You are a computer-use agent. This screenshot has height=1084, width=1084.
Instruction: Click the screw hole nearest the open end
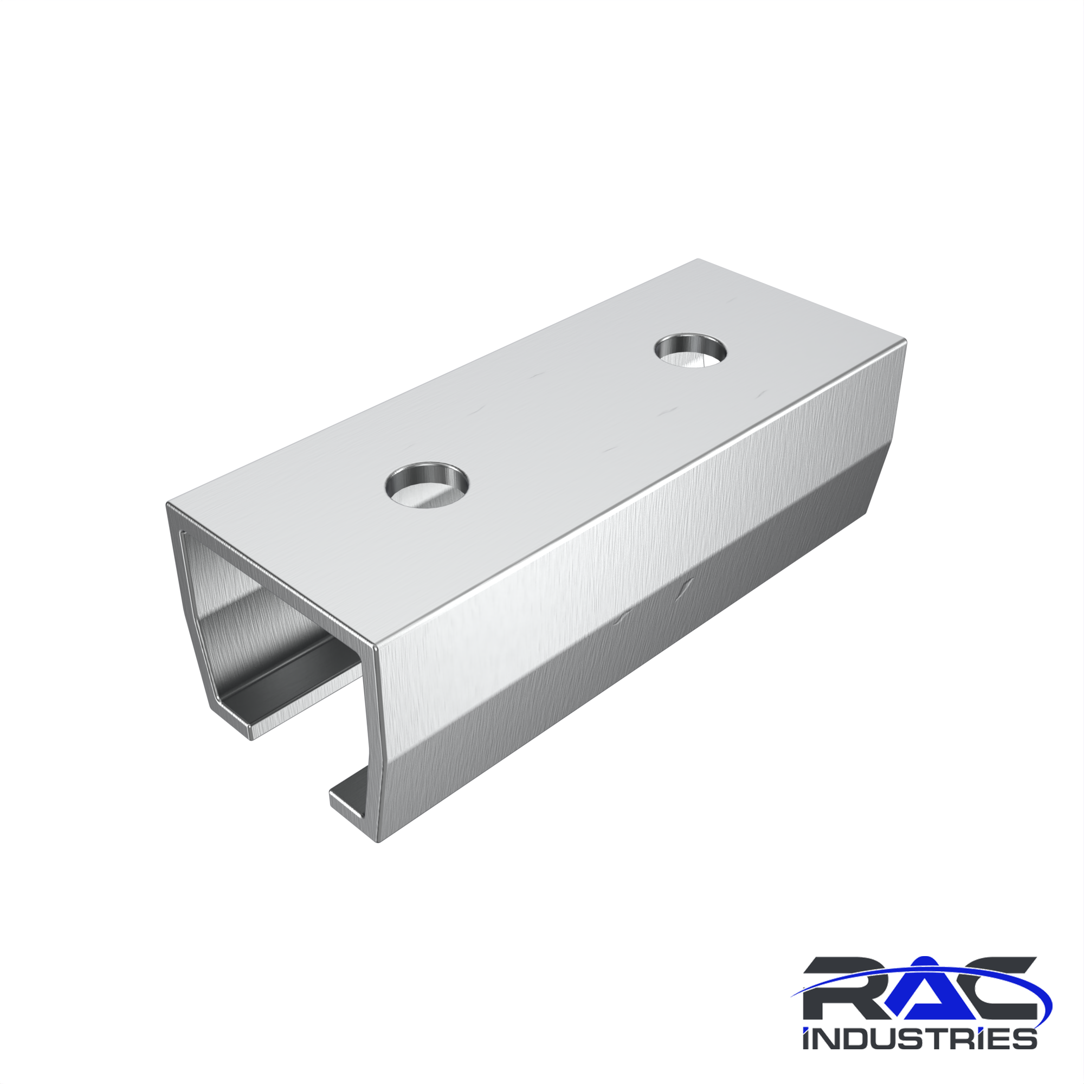[427, 485]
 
